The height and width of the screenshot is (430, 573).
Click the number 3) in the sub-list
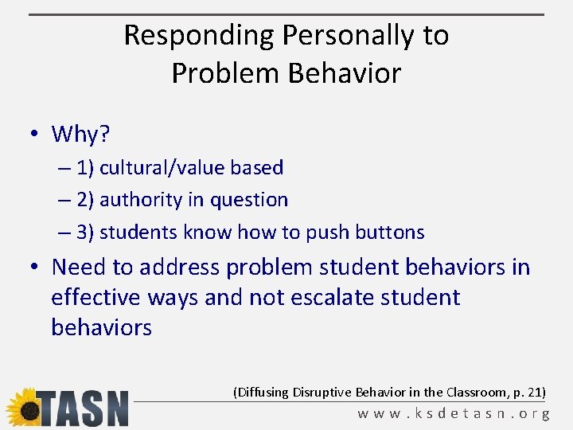coord(85,233)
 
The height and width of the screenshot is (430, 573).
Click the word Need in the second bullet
coord(79,267)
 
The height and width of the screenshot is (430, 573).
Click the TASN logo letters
coord(83,408)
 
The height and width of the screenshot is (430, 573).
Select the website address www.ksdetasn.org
coord(454,414)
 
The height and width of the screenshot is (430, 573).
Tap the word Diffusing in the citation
coord(262,392)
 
